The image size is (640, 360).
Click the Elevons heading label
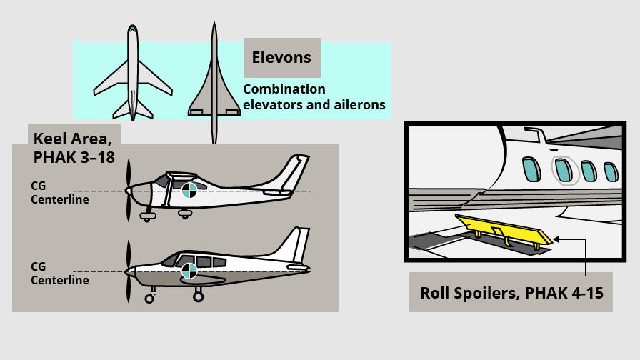281,57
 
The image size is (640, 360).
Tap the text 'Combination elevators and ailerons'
314,97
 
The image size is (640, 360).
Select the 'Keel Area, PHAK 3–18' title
74,147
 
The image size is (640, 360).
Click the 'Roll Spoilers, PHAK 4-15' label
510,292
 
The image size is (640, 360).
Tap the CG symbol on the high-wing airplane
189,190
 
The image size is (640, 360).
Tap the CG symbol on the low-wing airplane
189,271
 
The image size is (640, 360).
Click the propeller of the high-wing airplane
129,190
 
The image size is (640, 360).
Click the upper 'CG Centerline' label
59,193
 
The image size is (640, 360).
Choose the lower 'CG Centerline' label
59,274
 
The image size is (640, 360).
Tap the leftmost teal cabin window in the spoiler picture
530,169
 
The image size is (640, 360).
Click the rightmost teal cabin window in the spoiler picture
610,172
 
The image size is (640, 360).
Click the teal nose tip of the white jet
133,28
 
